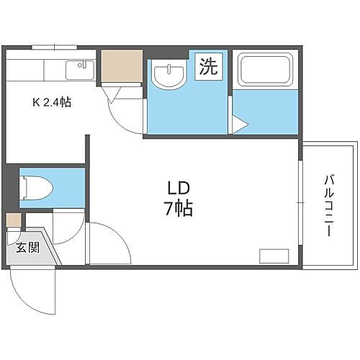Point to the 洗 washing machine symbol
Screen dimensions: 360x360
click(x=208, y=69)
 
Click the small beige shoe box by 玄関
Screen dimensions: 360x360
click(x=12, y=220)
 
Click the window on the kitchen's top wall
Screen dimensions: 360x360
click(x=54, y=48)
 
